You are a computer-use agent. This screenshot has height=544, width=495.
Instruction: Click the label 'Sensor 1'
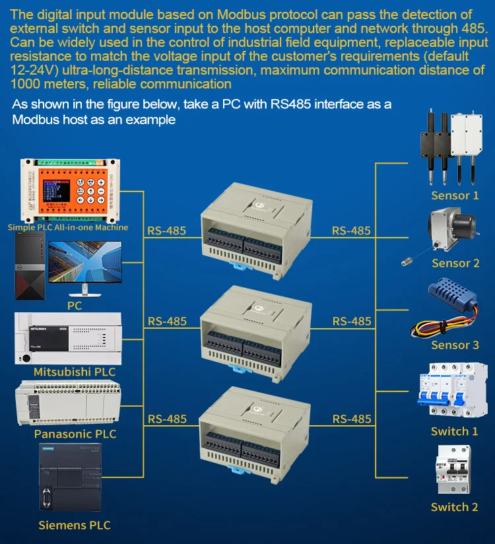pos(455,195)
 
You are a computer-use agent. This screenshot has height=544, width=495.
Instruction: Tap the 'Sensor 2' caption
pos(455,263)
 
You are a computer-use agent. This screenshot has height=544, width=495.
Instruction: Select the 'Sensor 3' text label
pos(455,345)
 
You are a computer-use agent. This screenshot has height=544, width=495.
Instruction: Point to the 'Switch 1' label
pos(454,431)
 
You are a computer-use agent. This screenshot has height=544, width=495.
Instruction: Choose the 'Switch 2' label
pos(454,507)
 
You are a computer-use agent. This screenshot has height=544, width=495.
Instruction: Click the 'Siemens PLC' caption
pos(75,526)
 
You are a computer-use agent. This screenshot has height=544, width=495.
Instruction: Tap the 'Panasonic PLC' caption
pos(75,434)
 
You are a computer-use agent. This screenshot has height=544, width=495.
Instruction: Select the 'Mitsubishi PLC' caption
pos(75,372)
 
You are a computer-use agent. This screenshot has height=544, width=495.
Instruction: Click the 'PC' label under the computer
pos(75,306)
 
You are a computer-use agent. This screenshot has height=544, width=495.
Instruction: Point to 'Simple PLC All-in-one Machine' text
pos(68,227)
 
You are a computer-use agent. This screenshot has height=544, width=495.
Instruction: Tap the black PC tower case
pos(29,270)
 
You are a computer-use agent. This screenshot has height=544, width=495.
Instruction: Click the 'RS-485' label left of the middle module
pos(167,322)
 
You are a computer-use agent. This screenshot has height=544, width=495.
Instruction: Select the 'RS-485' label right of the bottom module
pos(351,419)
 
